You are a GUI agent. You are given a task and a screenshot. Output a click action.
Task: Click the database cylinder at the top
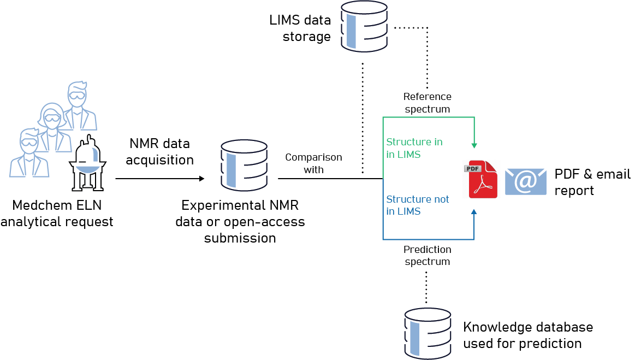pos(364,26)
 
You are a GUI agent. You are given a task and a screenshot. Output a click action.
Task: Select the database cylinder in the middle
pos(244,165)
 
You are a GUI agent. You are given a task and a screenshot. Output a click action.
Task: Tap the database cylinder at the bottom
pos(428,333)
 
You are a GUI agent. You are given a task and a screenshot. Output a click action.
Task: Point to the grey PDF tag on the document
pos(472,168)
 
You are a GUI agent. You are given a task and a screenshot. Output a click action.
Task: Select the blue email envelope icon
pos(525,181)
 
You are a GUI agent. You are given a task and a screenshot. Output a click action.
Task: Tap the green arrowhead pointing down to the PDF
pos(474,146)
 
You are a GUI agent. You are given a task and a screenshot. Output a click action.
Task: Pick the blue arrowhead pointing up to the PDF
pos(474,211)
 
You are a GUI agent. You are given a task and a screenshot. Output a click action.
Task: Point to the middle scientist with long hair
pos(53,123)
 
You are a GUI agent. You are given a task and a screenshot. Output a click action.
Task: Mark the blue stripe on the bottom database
pos(414,338)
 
